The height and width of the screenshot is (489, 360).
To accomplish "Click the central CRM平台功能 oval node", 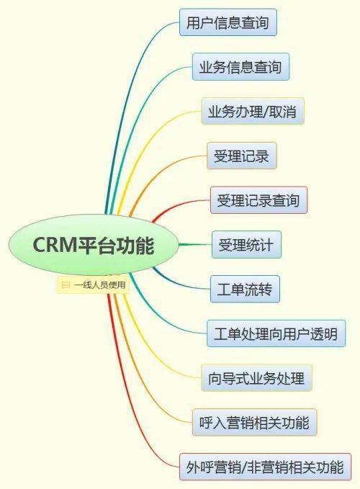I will pyautogui.click(x=93, y=246).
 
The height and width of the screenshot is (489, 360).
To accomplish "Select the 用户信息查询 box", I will pyautogui.click(x=228, y=23).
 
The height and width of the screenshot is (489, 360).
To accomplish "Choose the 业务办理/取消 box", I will pyautogui.click(x=253, y=112).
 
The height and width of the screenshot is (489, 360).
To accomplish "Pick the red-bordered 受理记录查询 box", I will pyautogui.click(x=258, y=199).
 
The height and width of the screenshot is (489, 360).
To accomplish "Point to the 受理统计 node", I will pyautogui.click(x=246, y=245).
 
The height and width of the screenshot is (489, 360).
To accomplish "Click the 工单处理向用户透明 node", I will pyautogui.click(x=276, y=334).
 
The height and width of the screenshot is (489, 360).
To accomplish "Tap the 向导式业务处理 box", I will pyautogui.click(x=256, y=377).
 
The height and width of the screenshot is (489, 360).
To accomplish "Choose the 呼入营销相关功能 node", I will pyautogui.click(x=254, y=422).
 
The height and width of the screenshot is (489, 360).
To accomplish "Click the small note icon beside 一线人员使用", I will pyautogui.click(x=66, y=285).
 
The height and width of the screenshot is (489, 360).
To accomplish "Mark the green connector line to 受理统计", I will pyautogui.click(x=194, y=245).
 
